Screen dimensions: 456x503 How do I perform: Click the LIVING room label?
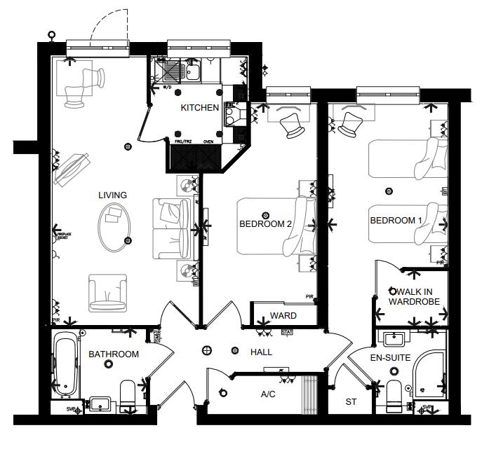[112, 195]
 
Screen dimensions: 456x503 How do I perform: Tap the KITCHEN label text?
[200, 108]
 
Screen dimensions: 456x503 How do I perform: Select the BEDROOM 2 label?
[265, 225]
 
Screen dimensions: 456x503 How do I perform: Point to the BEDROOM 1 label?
[396, 221]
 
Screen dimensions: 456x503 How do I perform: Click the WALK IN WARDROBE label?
[415, 297]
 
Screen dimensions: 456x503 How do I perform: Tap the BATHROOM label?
[113, 354]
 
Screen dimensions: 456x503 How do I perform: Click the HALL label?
[261, 352]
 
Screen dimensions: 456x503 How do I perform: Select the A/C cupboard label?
[268, 395]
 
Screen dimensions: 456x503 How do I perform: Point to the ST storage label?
[351, 403]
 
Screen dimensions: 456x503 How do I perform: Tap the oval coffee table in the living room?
[112, 226]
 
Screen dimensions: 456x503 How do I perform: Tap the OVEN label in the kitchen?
[208, 141]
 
